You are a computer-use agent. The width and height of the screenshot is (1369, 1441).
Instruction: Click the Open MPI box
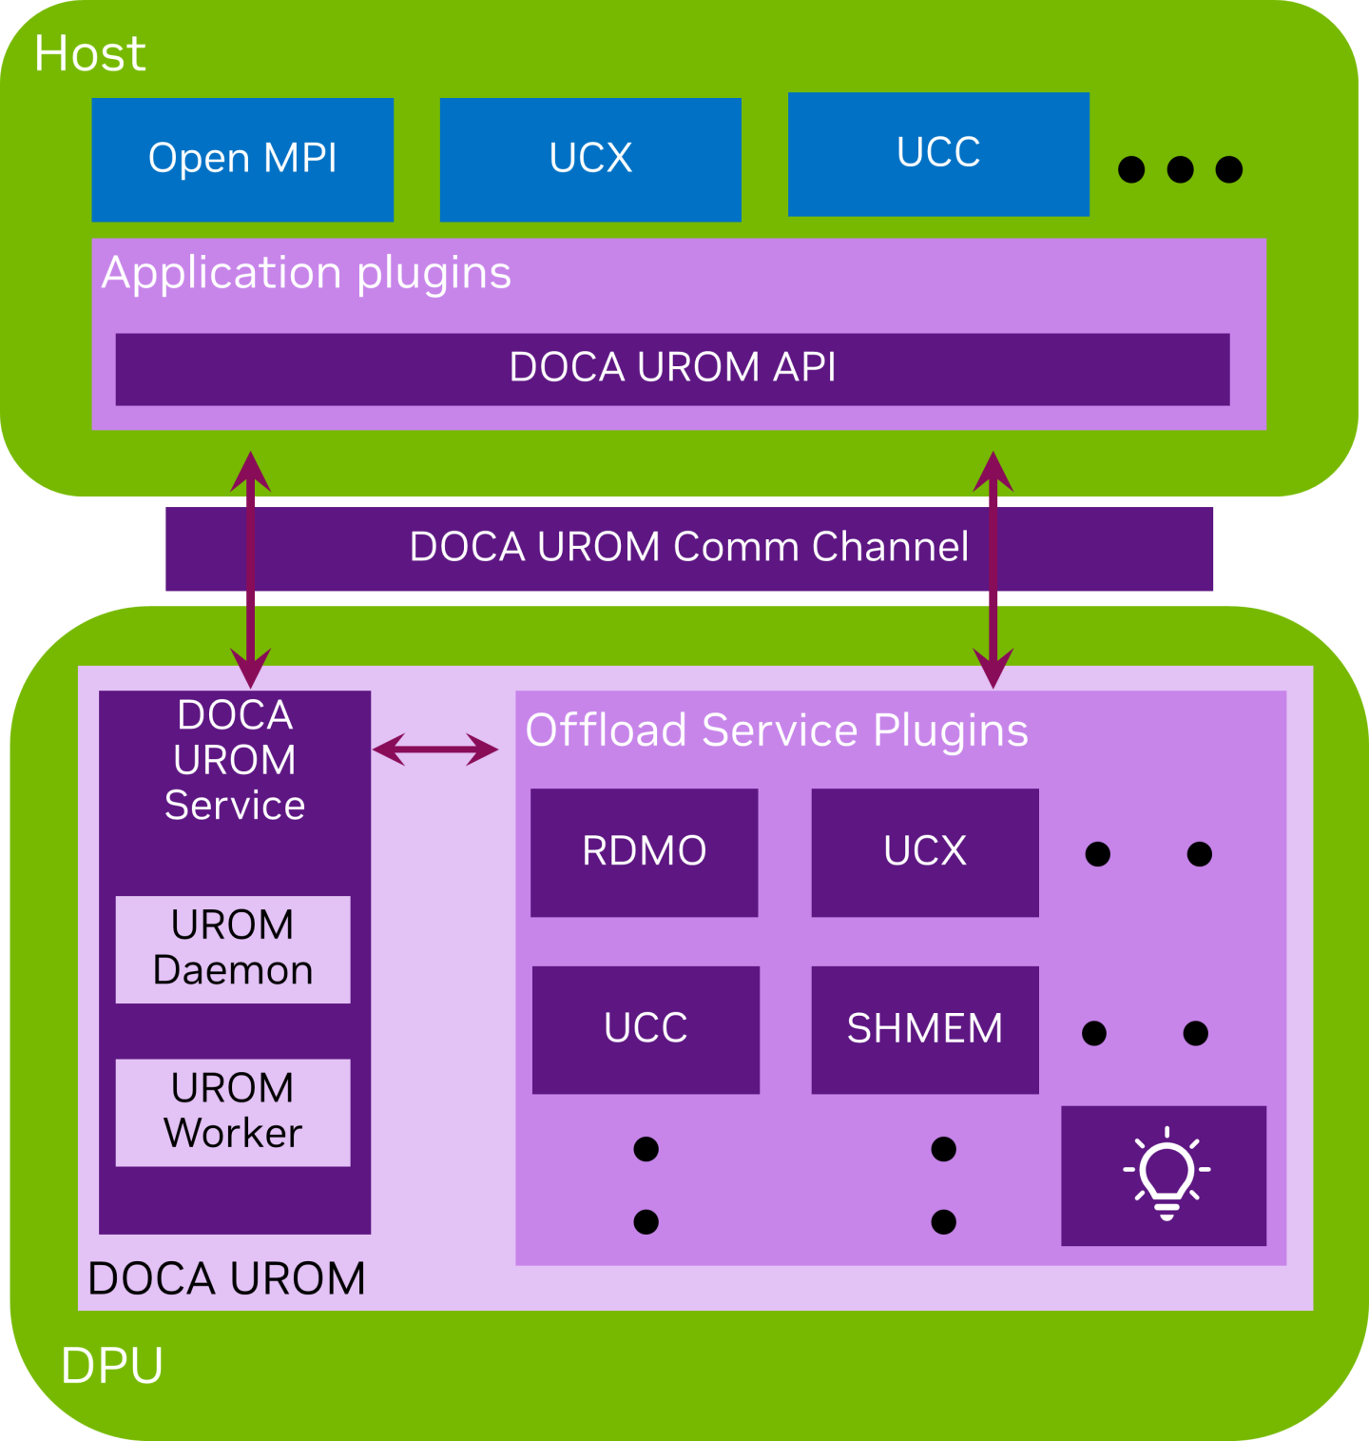[x=242, y=159]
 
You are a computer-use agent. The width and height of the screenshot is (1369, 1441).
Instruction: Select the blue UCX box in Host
[x=590, y=159]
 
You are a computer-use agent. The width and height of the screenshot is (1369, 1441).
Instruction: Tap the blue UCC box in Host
[x=938, y=153]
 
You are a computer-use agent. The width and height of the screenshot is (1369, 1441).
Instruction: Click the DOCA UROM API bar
[x=672, y=368]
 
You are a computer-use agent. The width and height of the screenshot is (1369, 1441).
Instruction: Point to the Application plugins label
[x=306, y=273]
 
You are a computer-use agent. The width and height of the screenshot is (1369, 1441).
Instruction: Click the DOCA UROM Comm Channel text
[x=688, y=548]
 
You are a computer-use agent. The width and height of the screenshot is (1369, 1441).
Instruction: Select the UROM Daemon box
[x=233, y=948]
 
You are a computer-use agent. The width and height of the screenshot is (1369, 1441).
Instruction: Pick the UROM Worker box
[x=233, y=1111]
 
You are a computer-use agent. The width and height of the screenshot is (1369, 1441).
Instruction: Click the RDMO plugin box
[x=644, y=851]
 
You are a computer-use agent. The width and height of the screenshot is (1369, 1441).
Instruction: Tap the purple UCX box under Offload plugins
[x=924, y=851]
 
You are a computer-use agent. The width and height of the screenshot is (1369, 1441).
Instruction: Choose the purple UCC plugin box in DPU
[x=646, y=1029]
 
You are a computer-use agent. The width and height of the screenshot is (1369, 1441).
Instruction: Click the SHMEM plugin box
[x=924, y=1029]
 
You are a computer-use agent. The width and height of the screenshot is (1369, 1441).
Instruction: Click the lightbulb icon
[x=1166, y=1174]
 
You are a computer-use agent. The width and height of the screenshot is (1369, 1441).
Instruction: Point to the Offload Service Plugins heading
[x=777, y=730]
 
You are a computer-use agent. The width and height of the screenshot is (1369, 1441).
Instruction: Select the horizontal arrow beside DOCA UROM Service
[x=435, y=750]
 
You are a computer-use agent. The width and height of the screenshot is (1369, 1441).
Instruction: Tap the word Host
[x=90, y=54]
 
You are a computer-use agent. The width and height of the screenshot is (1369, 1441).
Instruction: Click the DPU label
[x=112, y=1366]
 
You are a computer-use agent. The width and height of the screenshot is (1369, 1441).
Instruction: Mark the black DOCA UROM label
[x=226, y=1278]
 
